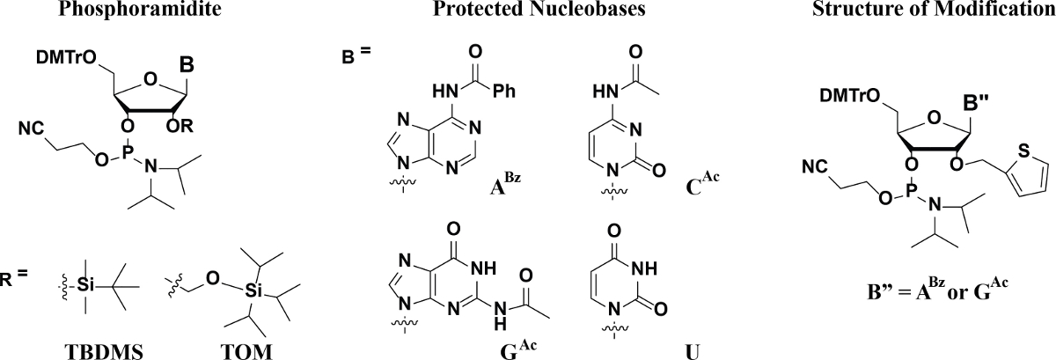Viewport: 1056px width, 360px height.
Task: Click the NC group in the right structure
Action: click(x=814, y=165)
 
